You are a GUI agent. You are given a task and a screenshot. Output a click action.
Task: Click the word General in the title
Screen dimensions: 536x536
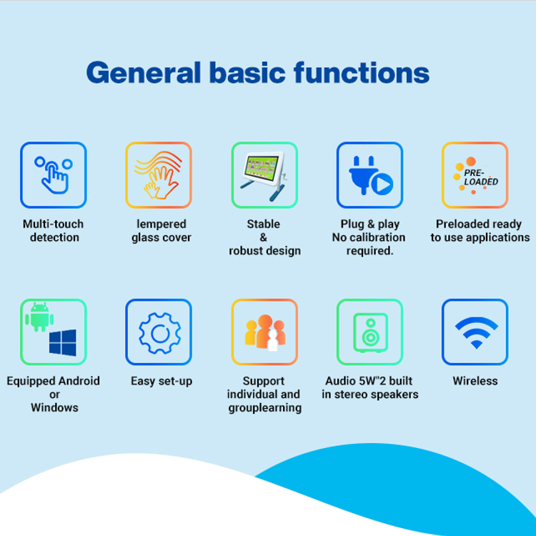pos(143,73)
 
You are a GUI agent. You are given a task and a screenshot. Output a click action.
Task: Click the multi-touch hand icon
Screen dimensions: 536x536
pos(54,175)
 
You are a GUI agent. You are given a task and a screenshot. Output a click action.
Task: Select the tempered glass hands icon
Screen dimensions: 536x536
pos(158,175)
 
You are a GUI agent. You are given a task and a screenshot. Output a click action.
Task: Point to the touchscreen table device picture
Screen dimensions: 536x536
pos(264,175)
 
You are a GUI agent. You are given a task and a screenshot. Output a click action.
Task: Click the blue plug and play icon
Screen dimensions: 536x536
pos(370,175)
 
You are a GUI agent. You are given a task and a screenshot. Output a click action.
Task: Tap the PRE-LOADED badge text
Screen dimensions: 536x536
pos(481,177)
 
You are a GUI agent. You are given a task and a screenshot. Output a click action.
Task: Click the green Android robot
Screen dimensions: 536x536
pos(39,317)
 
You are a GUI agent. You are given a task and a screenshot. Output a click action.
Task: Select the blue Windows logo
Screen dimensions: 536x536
pos(63,342)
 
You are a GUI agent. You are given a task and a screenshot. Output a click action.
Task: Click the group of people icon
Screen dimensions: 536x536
pos(265,332)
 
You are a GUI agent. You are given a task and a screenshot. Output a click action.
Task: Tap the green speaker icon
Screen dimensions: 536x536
pos(370,332)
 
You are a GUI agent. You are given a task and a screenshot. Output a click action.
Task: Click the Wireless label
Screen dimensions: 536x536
pos(475,381)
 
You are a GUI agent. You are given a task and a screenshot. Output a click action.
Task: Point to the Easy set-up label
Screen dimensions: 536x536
pos(162,381)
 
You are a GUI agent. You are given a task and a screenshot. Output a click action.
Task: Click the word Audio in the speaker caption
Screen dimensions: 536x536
pos(340,381)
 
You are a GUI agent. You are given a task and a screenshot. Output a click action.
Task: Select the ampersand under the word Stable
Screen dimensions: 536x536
pos(263,237)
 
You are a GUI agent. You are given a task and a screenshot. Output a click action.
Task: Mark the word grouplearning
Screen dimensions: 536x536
pos(265,408)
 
